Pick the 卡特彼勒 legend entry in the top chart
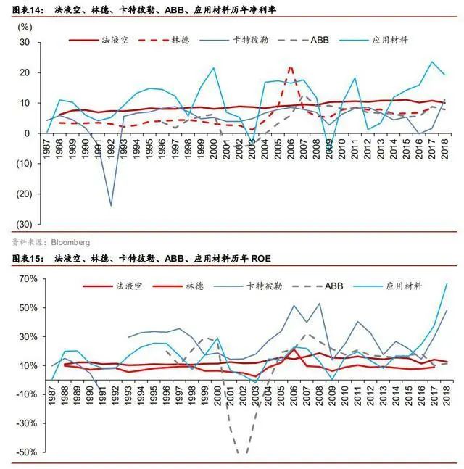[x=260, y=41]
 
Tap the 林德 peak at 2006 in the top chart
[x=291, y=67]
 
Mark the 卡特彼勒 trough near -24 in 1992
[x=111, y=205]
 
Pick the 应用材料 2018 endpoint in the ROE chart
[x=446, y=283]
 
